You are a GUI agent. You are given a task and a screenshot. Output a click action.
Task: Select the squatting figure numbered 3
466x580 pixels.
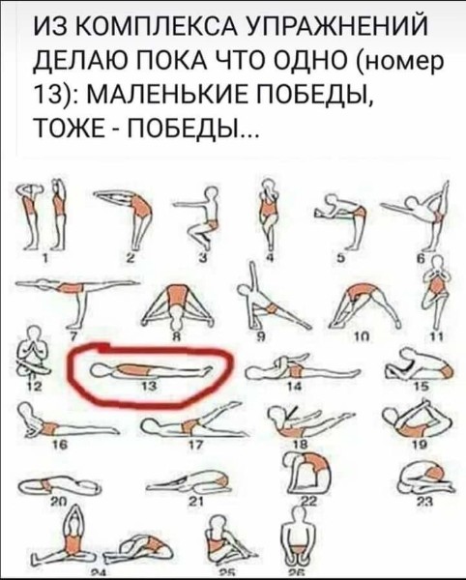197,216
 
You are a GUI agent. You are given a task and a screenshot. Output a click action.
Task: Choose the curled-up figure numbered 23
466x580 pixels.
426,478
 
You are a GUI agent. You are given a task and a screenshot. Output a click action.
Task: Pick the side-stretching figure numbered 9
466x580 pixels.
274,295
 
